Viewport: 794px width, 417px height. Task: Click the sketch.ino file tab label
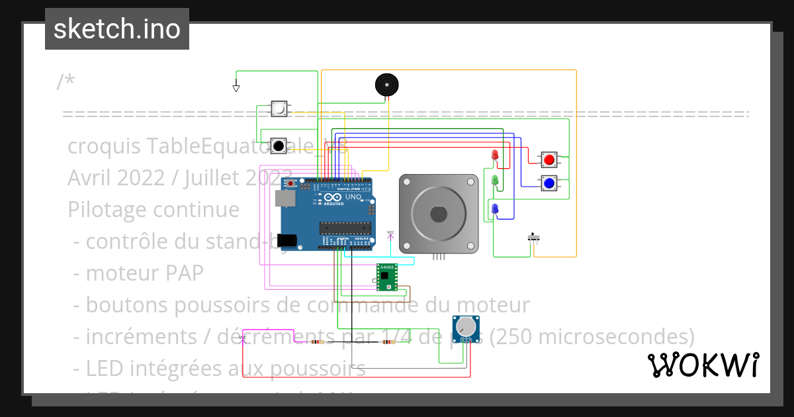coord(117,29)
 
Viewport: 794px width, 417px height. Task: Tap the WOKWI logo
coord(703,365)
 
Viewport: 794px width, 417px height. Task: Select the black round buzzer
coord(386,85)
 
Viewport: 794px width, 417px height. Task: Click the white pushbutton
coord(279,109)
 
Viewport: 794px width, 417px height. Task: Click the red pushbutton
coord(549,160)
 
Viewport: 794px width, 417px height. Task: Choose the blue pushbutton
coord(549,183)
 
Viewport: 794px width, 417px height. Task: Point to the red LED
coord(495,156)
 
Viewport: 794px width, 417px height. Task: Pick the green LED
coord(495,180)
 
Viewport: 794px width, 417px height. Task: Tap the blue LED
coord(495,209)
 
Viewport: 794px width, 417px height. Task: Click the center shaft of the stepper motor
coord(439,214)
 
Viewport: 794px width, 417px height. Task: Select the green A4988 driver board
coord(386,277)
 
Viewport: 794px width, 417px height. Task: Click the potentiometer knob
coord(466,326)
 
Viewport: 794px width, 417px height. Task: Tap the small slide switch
coord(534,237)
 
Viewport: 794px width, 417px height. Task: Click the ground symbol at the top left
coord(236,87)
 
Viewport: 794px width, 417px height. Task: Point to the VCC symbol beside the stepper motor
coord(390,234)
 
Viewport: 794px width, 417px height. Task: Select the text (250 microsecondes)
coord(592,337)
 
